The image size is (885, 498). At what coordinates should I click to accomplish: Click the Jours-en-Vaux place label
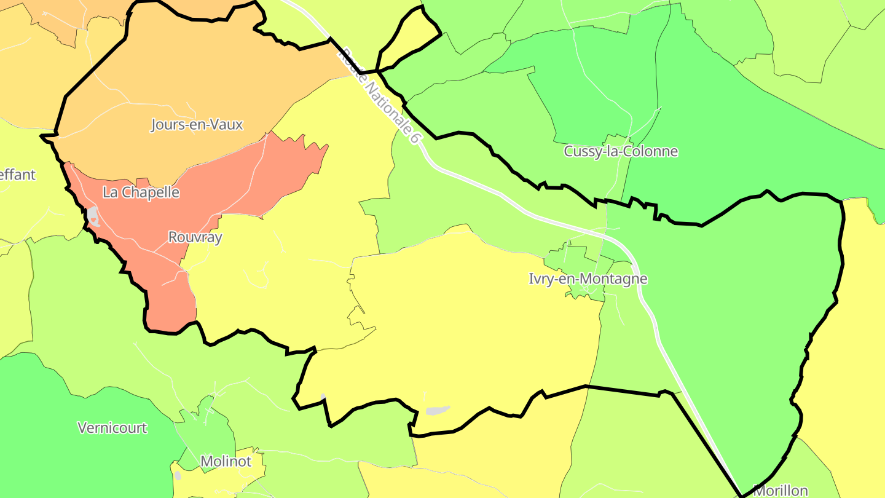click(197, 125)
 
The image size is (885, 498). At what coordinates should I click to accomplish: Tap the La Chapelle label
click(141, 192)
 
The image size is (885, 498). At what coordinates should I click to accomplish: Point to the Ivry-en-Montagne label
click(588, 279)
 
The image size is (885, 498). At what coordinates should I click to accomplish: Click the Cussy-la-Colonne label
click(621, 151)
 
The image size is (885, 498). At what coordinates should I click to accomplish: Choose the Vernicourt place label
click(112, 428)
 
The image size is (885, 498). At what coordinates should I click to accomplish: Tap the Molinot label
click(226, 461)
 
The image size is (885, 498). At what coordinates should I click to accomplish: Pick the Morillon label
click(780, 491)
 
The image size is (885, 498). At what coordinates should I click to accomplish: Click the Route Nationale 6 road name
click(379, 96)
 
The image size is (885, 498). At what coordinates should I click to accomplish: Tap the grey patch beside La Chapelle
click(93, 216)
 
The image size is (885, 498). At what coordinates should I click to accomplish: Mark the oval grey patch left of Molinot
click(178, 475)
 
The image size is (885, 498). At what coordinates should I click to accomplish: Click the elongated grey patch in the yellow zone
click(437, 410)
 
